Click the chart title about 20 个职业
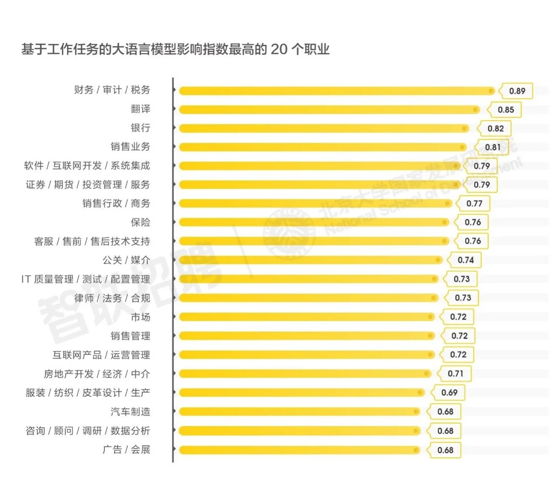click(x=175, y=50)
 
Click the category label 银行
click(x=140, y=128)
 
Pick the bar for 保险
click(x=314, y=222)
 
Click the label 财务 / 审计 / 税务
click(x=112, y=90)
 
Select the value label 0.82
click(x=495, y=129)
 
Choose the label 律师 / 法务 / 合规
click(x=112, y=298)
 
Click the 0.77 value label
click(x=474, y=204)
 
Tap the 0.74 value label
click(x=466, y=260)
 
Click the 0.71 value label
click(x=455, y=373)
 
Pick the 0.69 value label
click(x=449, y=393)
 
